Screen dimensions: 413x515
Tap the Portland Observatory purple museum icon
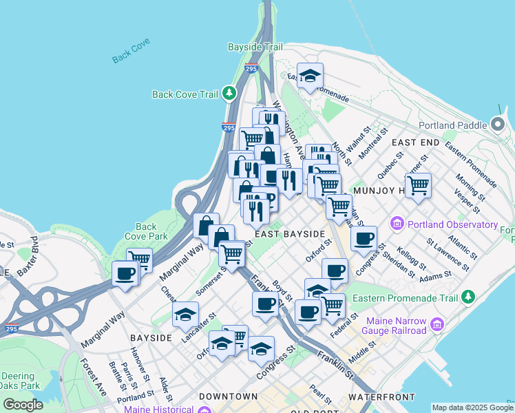[x=397, y=224]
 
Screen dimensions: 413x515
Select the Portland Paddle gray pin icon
[x=498, y=125]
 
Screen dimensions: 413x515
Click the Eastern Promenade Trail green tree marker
[x=468, y=297]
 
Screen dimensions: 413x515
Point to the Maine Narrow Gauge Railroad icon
[x=437, y=324]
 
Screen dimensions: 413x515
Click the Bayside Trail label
[x=255, y=47]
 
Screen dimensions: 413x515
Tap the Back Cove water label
[x=131, y=51]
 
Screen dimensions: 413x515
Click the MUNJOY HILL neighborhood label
[x=377, y=189]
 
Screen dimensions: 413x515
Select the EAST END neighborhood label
[x=415, y=142]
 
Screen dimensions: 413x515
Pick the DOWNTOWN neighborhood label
[x=228, y=396]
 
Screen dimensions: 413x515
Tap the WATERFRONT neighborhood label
[x=381, y=397]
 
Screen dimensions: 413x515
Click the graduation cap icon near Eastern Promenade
[x=311, y=76]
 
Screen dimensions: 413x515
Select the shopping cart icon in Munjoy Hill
[x=418, y=185]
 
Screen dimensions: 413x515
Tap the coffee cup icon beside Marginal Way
[x=125, y=273]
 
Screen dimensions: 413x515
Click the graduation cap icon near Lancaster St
[x=185, y=315]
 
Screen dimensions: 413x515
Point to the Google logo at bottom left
[x=23, y=405]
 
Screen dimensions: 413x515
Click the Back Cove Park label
[x=146, y=231]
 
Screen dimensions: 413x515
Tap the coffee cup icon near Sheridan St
[x=364, y=239]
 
